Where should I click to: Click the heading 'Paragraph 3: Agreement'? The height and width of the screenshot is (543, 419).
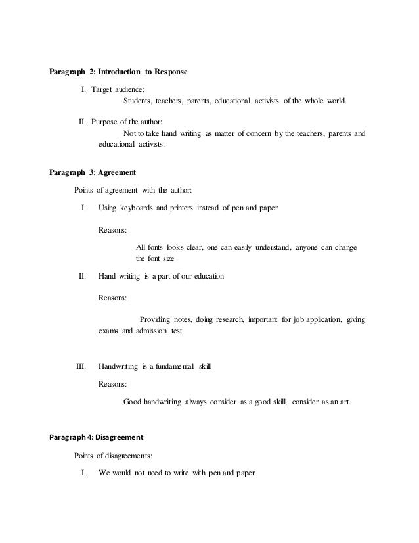tap(93, 173)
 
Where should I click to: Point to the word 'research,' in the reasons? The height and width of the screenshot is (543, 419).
tap(231, 320)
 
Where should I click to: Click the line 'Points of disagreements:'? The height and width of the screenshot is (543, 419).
tap(118, 455)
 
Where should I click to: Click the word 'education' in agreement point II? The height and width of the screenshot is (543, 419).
tap(206, 277)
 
